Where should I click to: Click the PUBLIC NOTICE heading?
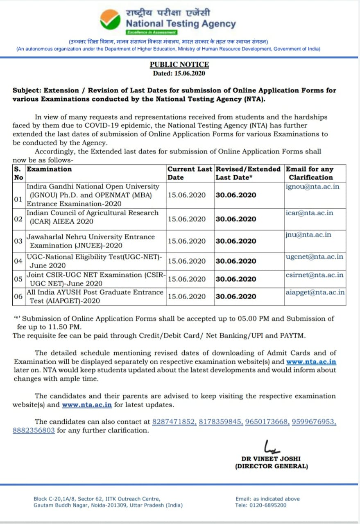[179, 64]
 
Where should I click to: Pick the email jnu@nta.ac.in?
[308, 235]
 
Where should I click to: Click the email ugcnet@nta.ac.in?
[315, 257]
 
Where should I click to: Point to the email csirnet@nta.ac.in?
[315, 275]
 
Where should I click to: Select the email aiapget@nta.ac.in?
[315, 292]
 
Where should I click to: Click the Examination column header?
[49, 169]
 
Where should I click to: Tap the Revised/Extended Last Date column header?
[248, 173]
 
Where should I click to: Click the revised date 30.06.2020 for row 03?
[236, 241]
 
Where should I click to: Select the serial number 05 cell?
[18, 279]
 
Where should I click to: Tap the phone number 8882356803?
[34, 430]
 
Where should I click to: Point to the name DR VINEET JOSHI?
[271, 459]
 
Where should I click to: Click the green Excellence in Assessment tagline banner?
[152, 32]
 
